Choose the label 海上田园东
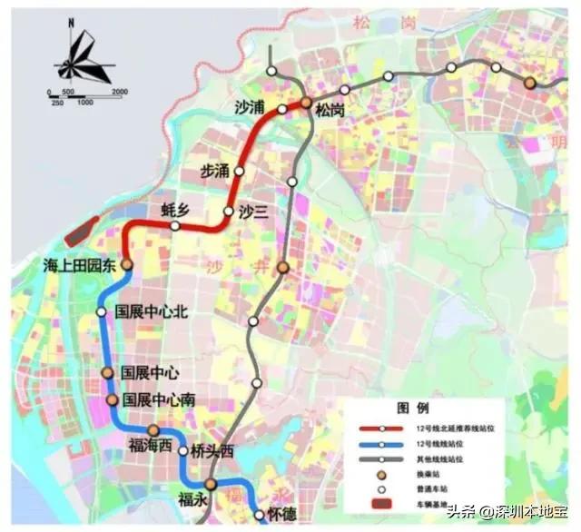(81, 266)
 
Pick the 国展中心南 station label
(159, 400)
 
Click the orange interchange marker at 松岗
(307, 103)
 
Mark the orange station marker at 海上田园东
(127, 264)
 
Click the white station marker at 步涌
(240, 171)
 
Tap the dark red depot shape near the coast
(84, 232)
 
